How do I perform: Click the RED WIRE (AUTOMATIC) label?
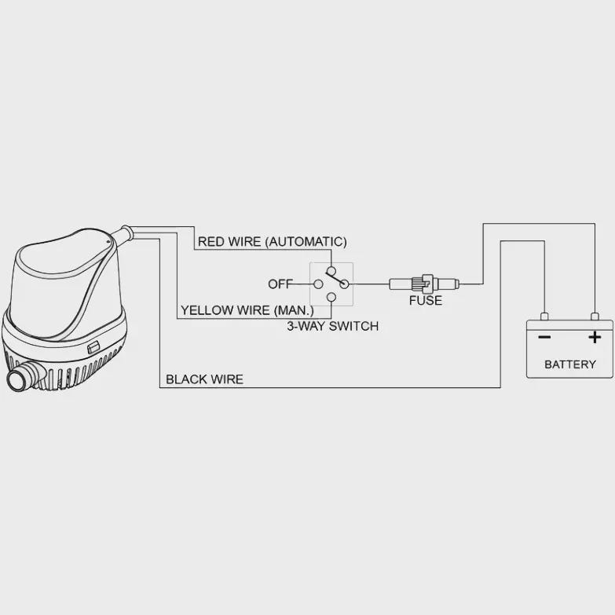273,242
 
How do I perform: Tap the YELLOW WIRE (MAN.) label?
247,310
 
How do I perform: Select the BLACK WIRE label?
204,379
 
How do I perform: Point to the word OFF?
280,284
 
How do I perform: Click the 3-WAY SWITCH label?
332,326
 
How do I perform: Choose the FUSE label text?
426,301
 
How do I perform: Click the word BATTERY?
570,364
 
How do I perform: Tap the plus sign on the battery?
595,337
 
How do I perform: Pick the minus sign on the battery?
544,337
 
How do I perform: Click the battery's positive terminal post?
595,317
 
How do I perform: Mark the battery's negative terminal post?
544,317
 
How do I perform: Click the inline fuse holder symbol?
424,284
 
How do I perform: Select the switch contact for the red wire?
331,271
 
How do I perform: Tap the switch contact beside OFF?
318,284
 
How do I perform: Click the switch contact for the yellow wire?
331,297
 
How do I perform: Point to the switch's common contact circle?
344,284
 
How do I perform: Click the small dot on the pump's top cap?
109,242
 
